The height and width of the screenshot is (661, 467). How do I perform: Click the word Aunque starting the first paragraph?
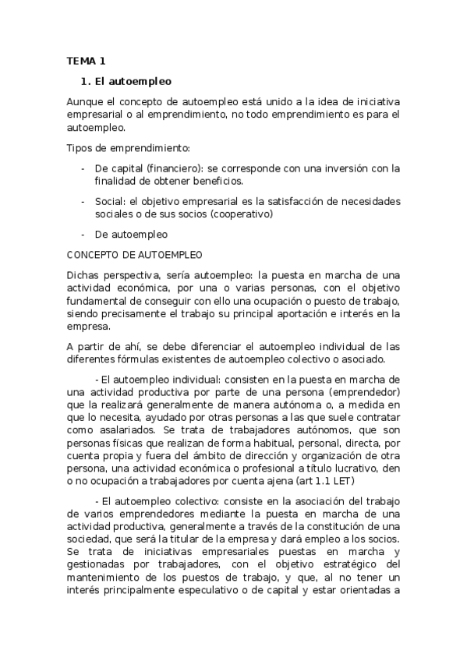pyautogui.click(x=84, y=102)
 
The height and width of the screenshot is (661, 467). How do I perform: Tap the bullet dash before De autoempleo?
pyautogui.click(x=83, y=234)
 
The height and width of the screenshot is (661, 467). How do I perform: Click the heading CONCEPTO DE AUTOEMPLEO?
pyautogui.click(x=135, y=254)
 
